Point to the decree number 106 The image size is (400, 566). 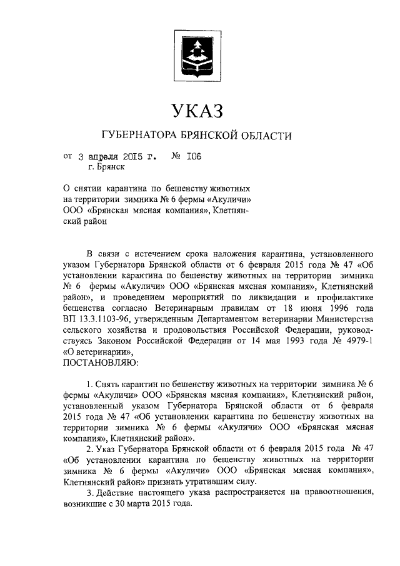(x=193, y=156)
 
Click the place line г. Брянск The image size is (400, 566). (x=107, y=167)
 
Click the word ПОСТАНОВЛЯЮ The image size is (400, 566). (x=102, y=361)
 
